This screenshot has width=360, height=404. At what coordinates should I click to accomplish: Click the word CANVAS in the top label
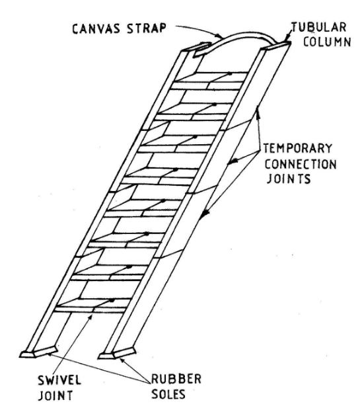96,28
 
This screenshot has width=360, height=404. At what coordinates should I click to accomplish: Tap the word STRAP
146,28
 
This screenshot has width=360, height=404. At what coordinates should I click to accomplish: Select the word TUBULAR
318,28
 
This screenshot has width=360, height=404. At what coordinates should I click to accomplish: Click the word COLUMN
327,42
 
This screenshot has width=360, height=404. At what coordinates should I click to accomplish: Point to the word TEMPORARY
298,148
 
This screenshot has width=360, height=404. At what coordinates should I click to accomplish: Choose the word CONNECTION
301,164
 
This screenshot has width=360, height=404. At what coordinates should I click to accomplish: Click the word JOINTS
289,179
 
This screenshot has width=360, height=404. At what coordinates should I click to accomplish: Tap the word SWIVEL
59,380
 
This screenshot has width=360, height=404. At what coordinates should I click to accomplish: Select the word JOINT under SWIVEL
55,395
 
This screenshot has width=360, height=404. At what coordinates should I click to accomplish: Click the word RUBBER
176,379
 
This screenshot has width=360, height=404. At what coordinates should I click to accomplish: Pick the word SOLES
168,394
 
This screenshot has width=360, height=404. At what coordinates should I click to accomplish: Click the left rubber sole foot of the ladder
38,352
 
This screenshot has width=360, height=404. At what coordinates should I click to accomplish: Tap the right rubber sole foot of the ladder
117,354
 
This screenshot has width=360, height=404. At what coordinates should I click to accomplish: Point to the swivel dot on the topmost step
229,73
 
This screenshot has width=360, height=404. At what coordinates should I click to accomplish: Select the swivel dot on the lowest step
112,300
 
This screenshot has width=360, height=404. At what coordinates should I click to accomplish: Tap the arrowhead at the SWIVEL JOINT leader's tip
90,317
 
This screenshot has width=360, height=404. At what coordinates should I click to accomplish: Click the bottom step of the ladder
92,306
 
